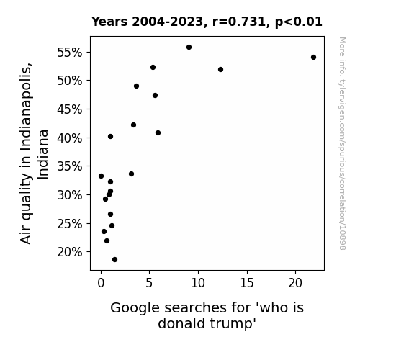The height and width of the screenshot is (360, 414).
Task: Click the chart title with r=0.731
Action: tap(207, 22)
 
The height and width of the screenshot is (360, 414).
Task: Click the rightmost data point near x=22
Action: tap(313, 58)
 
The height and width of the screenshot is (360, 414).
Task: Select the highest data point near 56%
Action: tap(189, 48)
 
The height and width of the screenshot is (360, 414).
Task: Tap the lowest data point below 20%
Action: tap(114, 260)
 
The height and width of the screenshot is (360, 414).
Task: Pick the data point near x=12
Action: tap(220, 69)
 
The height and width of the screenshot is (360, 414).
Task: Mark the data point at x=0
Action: tap(101, 176)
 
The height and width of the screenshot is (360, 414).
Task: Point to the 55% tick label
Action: tap(69, 53)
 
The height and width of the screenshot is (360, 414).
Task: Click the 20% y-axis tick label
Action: tap(69, 252)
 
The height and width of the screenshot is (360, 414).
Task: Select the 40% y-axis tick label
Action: tap(69, 138)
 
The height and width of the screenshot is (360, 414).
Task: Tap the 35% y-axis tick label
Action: tap(69, 166)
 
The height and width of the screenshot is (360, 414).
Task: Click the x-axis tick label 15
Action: tap(247, 283)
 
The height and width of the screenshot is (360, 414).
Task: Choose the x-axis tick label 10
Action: tap(198, 283)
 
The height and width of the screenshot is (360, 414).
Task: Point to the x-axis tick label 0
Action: tap(101, 283)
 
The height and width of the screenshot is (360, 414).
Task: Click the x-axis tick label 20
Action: tap(295, 283)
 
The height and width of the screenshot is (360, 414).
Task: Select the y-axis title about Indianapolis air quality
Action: tap(34, 153)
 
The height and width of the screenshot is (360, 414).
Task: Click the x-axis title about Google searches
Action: tap(207, 315)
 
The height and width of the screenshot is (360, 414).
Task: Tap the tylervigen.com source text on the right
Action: tap(342, 143)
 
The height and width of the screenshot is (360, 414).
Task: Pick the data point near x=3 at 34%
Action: tap(131, 174)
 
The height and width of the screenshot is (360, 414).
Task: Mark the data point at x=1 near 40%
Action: tap(110, 137)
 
